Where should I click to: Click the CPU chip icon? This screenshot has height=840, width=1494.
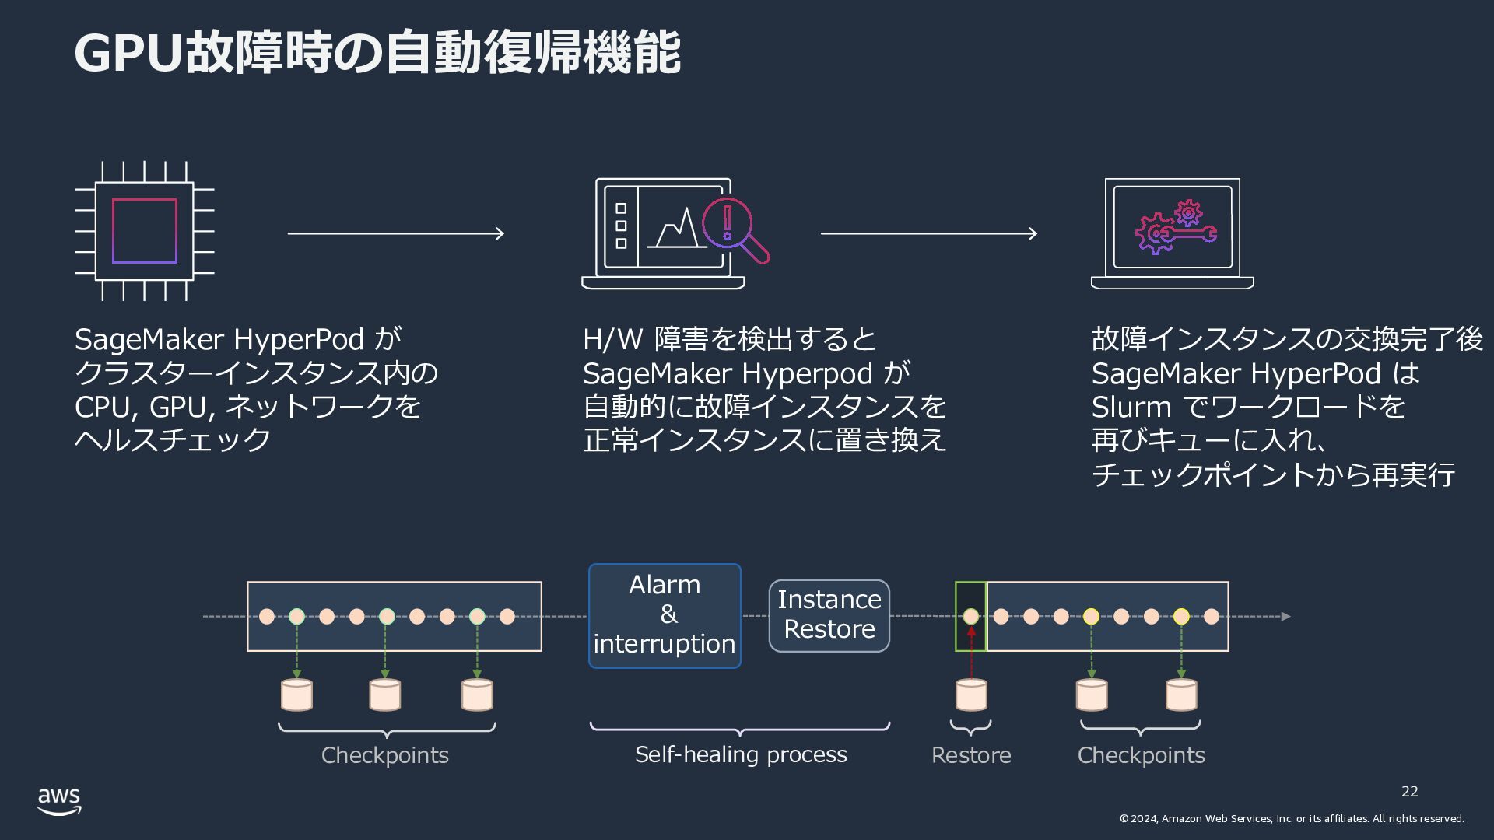(145, 231)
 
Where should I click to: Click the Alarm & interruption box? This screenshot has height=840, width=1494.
(665, 615)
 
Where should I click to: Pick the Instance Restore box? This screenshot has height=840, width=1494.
(829, 615)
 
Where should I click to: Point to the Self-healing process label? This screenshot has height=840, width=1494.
(741, 754)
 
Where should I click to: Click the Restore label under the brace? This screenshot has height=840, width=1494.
(971, 755)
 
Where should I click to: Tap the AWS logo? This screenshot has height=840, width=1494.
(59, 801)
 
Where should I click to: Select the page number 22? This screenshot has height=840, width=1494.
(1409, 792)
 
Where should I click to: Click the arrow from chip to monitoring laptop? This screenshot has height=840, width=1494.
(396, 233)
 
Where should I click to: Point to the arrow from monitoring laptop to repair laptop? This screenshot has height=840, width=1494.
(929, 233)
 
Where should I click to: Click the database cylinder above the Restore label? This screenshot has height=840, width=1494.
(971, 695)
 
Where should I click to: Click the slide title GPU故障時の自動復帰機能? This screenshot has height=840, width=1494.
(377, 53)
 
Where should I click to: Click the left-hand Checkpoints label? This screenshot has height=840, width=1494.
(385, 755)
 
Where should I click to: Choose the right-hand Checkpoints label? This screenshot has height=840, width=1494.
(1141, 755)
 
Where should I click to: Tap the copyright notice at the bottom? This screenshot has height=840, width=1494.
(1292, 818)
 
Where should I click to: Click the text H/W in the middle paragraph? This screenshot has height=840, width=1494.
(613, 339)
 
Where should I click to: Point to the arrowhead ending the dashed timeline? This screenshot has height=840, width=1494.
(1285, 616)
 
